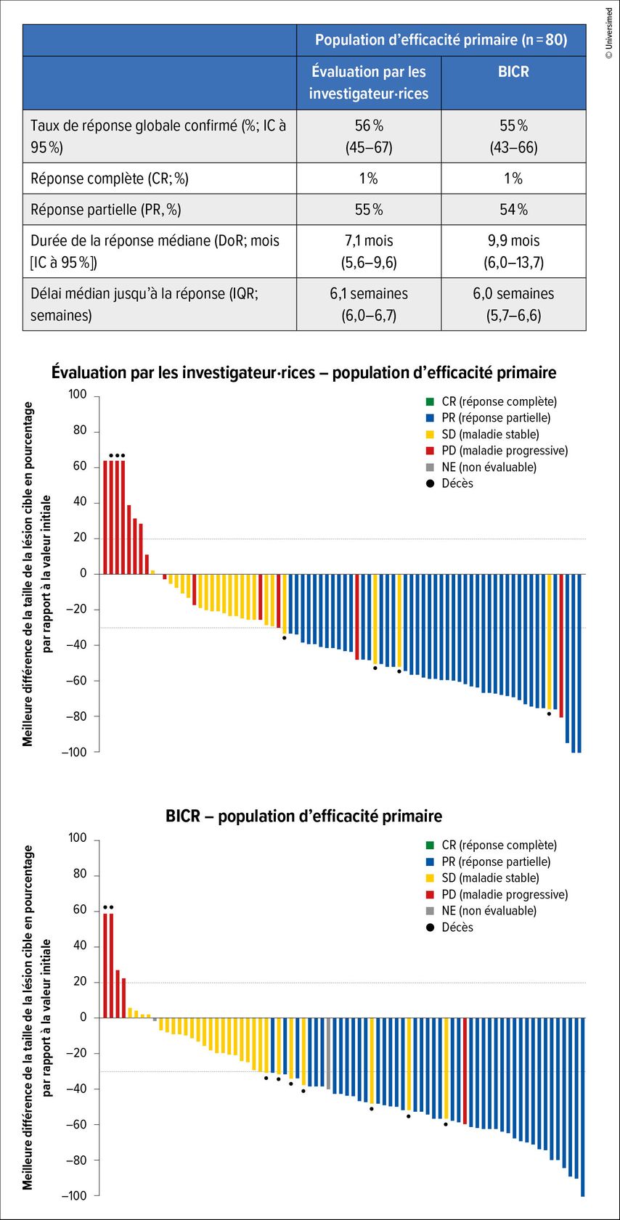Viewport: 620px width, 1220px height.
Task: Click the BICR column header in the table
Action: click(x=513, y=72)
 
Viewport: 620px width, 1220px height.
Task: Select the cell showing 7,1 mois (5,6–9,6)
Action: click(x=369, y=251)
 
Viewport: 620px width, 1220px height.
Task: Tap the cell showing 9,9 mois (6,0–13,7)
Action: click(x=513, y=251)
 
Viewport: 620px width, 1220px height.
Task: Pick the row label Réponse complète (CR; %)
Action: click(x=110, y=179)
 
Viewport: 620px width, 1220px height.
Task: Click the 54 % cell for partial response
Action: click(x=513, y=210)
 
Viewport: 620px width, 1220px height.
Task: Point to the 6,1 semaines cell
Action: click(x=369, y=304)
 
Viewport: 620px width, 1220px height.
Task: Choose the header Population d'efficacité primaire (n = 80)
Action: click(x=441, y=40)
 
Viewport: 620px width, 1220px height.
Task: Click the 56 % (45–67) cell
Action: click(x=369, y=136)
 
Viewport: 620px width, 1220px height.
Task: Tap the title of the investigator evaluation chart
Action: click(x=303, y=373)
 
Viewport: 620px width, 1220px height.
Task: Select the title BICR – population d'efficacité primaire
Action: click(x=303, y=816)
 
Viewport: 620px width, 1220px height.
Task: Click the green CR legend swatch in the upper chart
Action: click(x=430, y=401)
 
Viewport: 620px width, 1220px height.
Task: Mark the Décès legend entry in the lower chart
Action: click(x=457, y=927)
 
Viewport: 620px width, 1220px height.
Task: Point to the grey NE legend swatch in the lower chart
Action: click(x=430, y=911)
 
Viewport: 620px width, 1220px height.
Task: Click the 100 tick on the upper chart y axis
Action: click(x=78, y=395)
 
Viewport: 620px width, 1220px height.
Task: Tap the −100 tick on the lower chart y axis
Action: click(x=75, y=1195)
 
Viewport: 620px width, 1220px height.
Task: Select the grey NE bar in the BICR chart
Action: click(x=328, y=1053)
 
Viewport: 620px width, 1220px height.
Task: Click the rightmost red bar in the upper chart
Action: click(x=561, y=646)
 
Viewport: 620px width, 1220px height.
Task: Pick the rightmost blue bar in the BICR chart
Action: click(x=582, y=1106)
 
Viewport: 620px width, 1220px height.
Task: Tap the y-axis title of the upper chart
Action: click(x=37, y=573)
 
